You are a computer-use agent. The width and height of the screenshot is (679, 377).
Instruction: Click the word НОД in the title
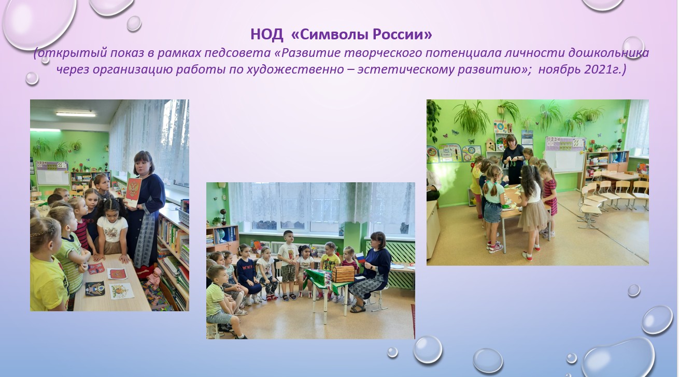click(x=267, y=34)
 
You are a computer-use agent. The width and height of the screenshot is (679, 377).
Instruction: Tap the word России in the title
click(x=402, y=34)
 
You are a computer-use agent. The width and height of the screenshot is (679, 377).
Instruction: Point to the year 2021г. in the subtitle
click(x=605, y=69)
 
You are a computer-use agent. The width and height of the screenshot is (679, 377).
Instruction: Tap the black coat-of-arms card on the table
click(x=95, y=288)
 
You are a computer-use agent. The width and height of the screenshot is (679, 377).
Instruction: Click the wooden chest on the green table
click(x=343, y=274)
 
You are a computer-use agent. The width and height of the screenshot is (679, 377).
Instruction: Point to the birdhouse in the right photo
click(x=490, y=145)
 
